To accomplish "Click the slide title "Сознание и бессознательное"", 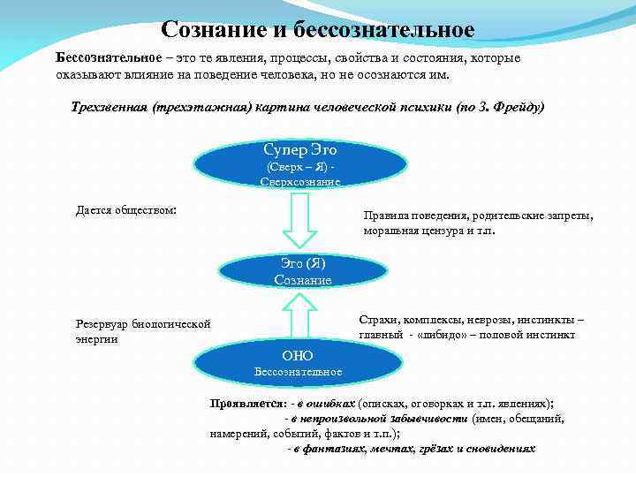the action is point(318,29).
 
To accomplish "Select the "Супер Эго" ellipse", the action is point(300,162).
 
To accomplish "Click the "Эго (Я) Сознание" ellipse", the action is point(303,271).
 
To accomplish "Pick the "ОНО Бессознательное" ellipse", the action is point(298,362).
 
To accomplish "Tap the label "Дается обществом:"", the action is point(126,210).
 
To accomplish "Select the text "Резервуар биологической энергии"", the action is point(143,331).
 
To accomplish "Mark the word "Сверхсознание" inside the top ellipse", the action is point(300,181).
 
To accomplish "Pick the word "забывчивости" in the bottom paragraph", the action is point(429,418).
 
